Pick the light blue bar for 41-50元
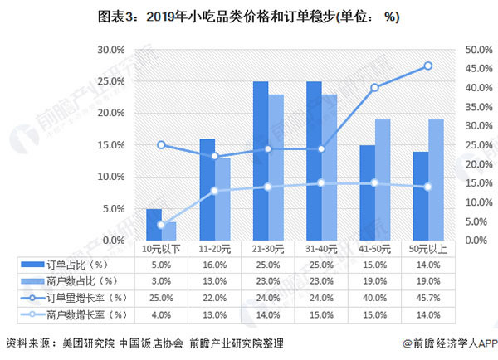point(382,180)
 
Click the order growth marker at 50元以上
point(428,66)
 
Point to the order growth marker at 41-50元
point(375,87)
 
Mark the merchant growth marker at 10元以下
point(161,225)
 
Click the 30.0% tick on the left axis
point(111,50)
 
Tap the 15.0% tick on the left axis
point(111,145)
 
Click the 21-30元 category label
point(267,248)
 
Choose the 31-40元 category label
point(321,248)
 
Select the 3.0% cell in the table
point(161,281)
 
